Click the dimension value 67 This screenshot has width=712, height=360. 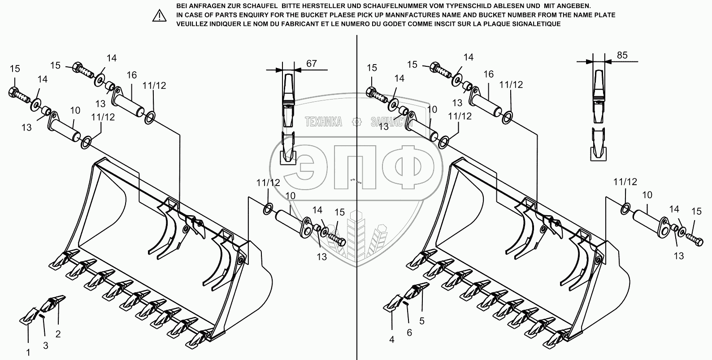coord(311,63)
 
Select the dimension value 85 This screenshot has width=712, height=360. coord(622,56)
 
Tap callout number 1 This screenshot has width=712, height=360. coord(28,352)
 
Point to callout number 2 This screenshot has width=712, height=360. coord(58,334)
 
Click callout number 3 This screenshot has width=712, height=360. coord(45,345)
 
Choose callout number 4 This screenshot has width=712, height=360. coord(391,340)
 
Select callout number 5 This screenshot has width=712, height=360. coord(421,321)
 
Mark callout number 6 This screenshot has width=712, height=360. coord(409,333)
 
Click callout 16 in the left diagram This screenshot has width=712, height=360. coord(131,75)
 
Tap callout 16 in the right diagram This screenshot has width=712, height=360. coord(488,74)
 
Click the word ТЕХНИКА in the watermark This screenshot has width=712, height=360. coord(323,121)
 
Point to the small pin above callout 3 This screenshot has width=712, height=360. coord(42,316)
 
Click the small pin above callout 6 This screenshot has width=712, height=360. coord(406,304)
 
